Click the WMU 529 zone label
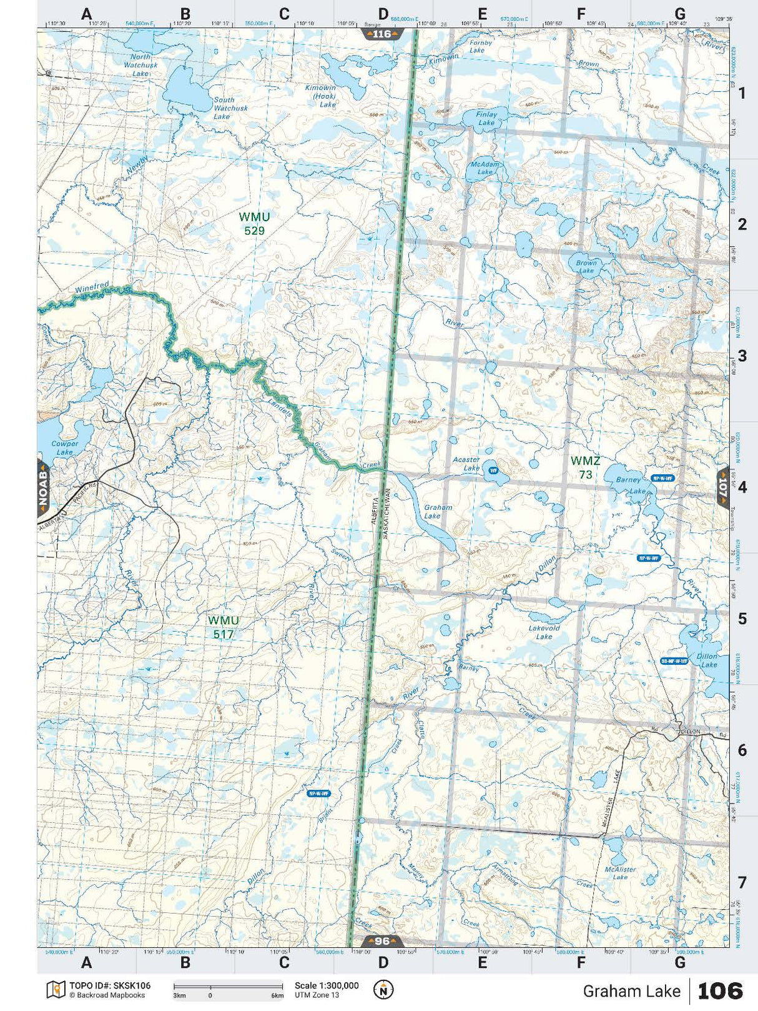point(254,224)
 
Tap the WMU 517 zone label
point(223,627)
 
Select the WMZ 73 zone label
point(585,467)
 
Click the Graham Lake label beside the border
point(438,512)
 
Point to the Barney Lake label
point(631,485)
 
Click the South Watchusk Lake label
point(230,108)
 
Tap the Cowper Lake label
point(65,447)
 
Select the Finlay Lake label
point(486,118)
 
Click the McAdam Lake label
point(485,167)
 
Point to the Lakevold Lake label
point(544,632)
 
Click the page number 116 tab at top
point(381,34)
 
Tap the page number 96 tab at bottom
point(381,941)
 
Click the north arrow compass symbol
point(383,989)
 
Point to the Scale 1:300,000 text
point(327,985)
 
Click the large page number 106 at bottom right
point(719,990)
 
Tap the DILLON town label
point(690,731)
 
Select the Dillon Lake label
point(707,660)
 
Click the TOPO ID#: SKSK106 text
point(109,985)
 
